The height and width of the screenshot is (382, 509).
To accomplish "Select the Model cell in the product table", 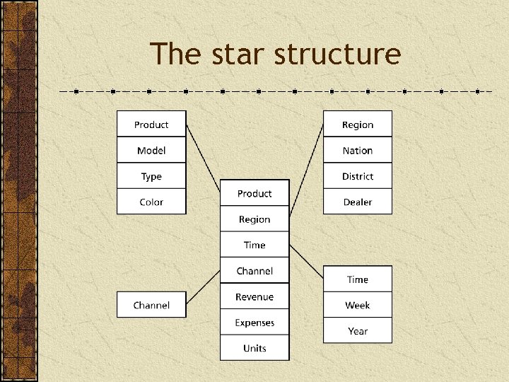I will tap(151, 151).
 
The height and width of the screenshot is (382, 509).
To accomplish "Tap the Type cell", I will tap(151, 176).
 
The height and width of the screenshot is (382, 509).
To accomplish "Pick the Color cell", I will tap(151, 202).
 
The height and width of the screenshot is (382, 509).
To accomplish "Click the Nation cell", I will tap(358, 151).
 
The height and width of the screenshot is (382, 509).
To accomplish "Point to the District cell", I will tap(358, 176).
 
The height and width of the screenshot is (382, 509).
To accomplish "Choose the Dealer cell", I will tap(358, 202).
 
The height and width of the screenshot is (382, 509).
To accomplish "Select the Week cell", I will tap(358, 306).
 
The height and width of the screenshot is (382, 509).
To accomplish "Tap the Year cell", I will tap(358, 331).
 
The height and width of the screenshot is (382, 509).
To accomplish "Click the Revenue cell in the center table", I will tap(255, 297).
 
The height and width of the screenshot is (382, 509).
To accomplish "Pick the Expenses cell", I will tap(255, 323).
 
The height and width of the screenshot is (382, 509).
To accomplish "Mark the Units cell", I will tap(255, 348).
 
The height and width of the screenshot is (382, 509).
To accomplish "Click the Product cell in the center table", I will tap(255, 194).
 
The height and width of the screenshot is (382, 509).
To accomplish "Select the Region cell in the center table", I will tap(255, 219).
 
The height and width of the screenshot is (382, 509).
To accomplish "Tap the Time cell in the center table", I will tap(255, 245).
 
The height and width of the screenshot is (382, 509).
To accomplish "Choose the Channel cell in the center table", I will tap(255, 271).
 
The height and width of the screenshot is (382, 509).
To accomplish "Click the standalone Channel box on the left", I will tap(151, 306).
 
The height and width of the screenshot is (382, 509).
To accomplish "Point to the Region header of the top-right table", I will tap(358, 125).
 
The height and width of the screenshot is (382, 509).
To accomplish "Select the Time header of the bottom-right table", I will tap(358, 279).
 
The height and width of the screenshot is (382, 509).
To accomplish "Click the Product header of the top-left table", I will tap(151, 125).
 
